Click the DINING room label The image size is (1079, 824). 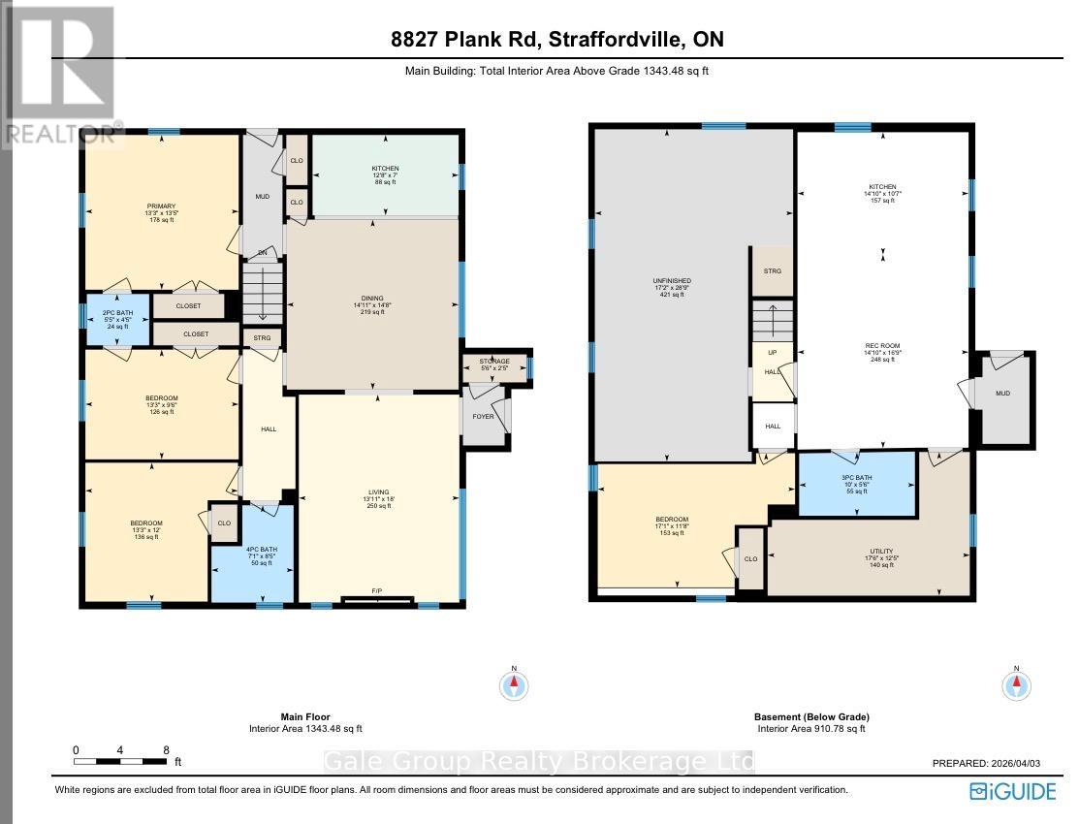[372, 304]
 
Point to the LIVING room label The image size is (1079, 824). [378, 499]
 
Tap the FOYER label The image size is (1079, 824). [483, 417]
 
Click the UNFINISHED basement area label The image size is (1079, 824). [671, 287]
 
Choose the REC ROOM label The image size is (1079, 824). [882, 352]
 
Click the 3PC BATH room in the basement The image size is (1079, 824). [856, 484]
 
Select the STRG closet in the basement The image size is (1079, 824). [773, 270]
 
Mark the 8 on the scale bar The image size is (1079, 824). [167, 749]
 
